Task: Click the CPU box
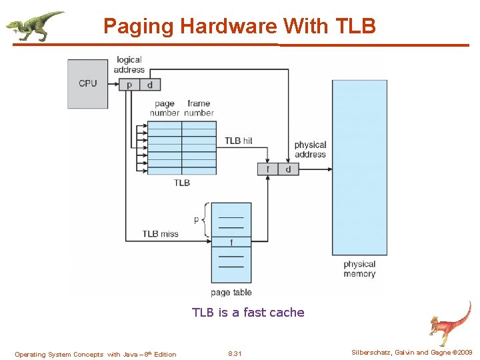point(87,84)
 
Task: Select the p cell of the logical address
point(129,85)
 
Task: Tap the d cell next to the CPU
point(149,85)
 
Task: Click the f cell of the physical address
point(268,169)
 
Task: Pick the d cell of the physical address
point(288,169)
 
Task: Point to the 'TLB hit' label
point(238,141)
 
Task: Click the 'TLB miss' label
point(160,234)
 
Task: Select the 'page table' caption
point(231,292)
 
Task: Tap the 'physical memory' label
point(359,269)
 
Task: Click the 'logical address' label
point(129,65)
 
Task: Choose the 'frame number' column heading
point(199,108)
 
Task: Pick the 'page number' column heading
point(165,108)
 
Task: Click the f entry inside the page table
point(231,242)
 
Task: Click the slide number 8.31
point(235,354)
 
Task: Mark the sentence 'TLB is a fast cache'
point(248,312)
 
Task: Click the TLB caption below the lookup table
point(182,183)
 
